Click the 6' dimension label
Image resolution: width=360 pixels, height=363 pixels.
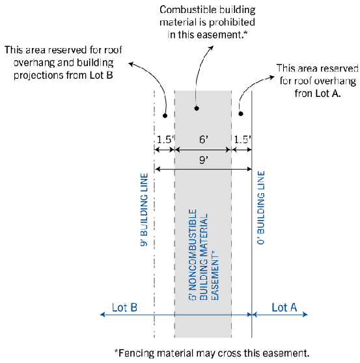204,139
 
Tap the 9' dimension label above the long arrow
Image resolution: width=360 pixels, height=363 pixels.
204,160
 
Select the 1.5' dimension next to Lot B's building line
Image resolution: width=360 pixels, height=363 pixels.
165,139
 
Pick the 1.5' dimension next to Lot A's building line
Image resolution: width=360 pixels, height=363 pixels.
242,139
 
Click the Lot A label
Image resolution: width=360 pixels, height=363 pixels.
284,308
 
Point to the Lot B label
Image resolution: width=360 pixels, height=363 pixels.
124,308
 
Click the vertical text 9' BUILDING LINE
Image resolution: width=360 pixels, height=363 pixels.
144,209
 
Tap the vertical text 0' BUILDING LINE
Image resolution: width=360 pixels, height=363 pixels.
261,208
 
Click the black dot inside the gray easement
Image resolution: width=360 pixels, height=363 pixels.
197,108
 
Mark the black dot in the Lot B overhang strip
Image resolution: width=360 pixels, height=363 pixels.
165,115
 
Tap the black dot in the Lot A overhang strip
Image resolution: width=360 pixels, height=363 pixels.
241,113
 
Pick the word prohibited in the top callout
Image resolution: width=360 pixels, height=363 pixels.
232,22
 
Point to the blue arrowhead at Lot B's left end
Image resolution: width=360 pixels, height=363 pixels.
102,314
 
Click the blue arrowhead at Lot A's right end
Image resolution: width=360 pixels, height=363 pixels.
305,314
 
